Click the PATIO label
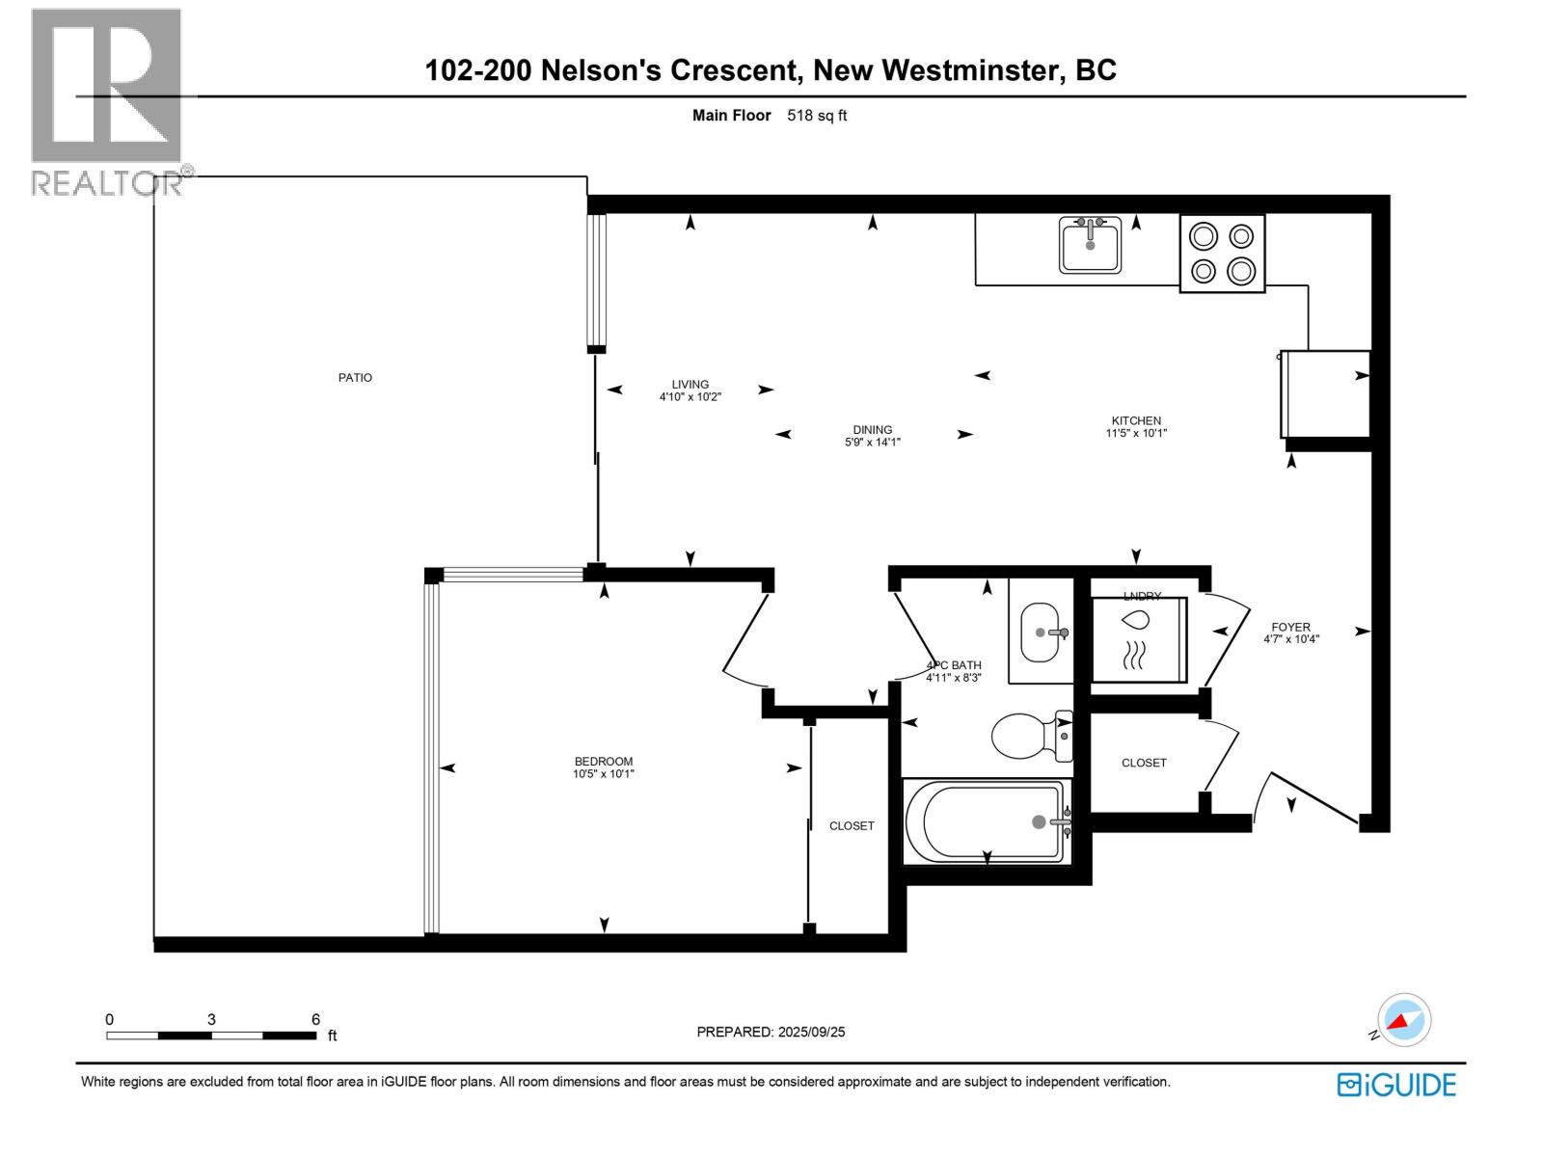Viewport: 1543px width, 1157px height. coord(355,378)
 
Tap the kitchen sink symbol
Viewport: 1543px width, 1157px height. coord(1091,246)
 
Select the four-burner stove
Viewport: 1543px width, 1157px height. coord(1222,254)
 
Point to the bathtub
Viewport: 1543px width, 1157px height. coord(987,822)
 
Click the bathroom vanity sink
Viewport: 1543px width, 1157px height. coord(1041,632)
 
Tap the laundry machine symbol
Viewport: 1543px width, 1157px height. coord(1138,639)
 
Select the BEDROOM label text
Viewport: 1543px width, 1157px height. coord(604,762)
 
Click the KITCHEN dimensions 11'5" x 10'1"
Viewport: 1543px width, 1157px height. coord(1136,434)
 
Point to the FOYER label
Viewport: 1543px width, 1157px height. coord(1290,627)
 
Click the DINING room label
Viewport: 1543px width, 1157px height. coord(872,430)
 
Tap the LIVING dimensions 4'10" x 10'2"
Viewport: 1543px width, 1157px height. coord(690,396)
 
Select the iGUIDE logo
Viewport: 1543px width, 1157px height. coord(1396,1085)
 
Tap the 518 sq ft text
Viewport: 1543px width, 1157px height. coord(817,116)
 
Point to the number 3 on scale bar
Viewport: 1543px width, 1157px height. coord(211,1019)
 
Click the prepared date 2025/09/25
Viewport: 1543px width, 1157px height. coord(810,1032)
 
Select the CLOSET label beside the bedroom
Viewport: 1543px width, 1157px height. coord(852,826)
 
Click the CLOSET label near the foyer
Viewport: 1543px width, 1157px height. coord(1144,763)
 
